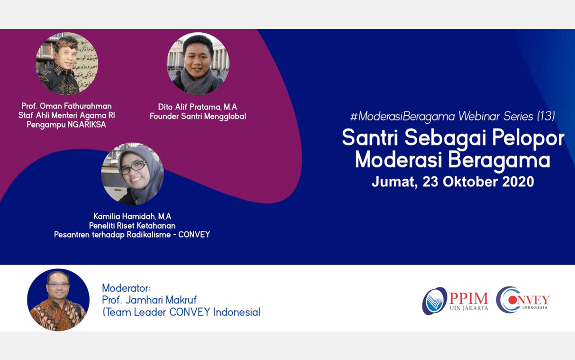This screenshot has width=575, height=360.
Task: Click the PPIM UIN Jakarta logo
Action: (x=455, y=301)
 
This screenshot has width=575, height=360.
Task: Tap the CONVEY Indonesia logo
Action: (x=522, y=300)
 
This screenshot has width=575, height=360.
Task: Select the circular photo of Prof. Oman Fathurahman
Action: (x=67, y=64)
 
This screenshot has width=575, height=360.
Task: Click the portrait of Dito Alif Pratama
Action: (x=198, y=64)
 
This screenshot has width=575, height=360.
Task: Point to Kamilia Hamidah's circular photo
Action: (x=132, y=174)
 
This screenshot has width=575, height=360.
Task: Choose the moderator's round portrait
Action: (x=58, y=300)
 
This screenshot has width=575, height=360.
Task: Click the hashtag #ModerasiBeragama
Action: (x=402, y=116)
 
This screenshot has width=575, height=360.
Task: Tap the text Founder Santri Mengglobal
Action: (x=198, y=116)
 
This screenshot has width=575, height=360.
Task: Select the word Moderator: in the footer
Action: (x=126, y=288)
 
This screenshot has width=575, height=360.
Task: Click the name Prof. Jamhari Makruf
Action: (x=149, y=300)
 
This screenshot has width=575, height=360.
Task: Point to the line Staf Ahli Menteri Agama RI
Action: (x=67, y=116)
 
